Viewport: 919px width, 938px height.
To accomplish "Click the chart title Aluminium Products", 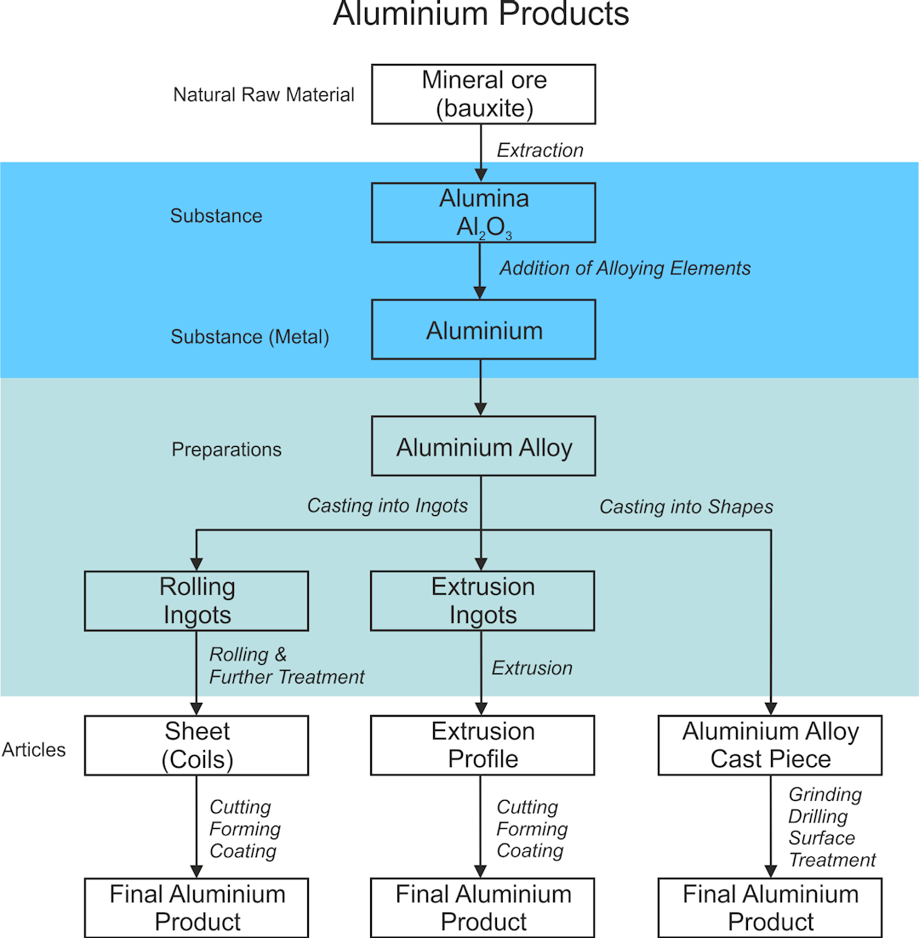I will [x=481, y=15].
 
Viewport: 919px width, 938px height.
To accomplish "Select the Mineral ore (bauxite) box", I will [x=483, y=94].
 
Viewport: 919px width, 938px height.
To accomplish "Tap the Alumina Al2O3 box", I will [x=483, y=213].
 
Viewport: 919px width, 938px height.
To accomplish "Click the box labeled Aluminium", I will [x=483, y=329].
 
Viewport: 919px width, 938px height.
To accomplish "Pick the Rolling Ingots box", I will [x=197, y=601].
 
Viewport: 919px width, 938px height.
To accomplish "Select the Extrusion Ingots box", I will [x=483, y=601].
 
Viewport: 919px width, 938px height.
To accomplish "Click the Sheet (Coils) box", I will [x=197, y=745].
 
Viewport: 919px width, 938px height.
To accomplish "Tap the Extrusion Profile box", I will [x=483, y=745].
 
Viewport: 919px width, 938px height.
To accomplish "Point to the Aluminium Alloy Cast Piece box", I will [x=770, y=745].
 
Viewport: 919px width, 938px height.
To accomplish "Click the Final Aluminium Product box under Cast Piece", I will [x=770, y=908].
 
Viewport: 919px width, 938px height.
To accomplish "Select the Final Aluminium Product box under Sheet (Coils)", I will [x=197, y=908].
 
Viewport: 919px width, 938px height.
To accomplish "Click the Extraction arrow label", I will [x=540, y=151].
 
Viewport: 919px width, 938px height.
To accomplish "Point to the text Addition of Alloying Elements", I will [x=625, y=268].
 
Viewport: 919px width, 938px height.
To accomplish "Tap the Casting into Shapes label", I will [x=686, y=507].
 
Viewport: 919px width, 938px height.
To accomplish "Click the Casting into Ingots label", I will [x=387, y=506].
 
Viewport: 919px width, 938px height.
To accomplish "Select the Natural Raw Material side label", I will [x=264, y=95].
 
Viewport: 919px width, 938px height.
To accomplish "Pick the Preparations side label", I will [x=226, y=449].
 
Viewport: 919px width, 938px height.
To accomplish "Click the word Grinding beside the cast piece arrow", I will [x=825, y=794].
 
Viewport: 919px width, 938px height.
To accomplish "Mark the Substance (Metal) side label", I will [x=249, y=337].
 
